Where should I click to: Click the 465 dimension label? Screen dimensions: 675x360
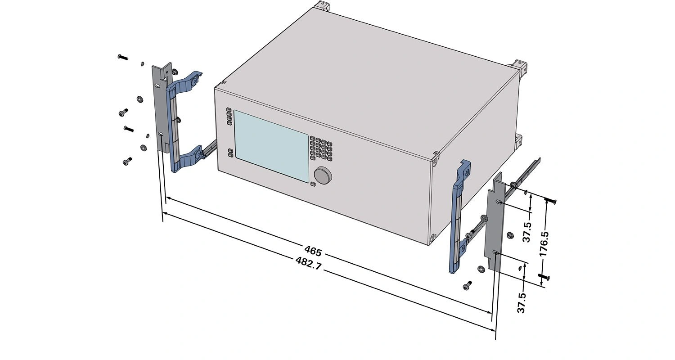pyautogui.click(x=313, y=251)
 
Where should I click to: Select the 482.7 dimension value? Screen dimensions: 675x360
pyautogui.click(x=309, y=263)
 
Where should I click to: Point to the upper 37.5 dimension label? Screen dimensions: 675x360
pyautogui.click(x=527, y=232)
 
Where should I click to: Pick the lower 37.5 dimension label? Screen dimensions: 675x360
pyautogui.click(x=522, y=303)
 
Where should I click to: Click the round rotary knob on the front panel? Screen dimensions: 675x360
pyautogui.click(x=323, y=175)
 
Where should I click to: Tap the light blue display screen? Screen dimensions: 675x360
pyautogui.click(x=271, y=146)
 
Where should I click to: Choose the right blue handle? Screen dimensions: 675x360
pyautogui.click(x=459, y=217)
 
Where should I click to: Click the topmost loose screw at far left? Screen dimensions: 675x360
pyautogui.click(x=123, y=57)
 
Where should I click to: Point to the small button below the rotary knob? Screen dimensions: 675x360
pyautogui.click(x=313, y=184)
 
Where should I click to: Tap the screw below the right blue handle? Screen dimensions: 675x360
pyautogui.click(x=468, y=286)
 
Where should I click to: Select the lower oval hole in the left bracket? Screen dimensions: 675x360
pyautogui.click(x=161, y=135)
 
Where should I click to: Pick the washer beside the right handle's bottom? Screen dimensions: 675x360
pyautogui.click(x=481, y=269)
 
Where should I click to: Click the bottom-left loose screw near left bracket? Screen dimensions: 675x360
pyautogui.click(x=127, y=162)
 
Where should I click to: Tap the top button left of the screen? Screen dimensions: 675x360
pyautogui.click(x=229, y=109)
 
